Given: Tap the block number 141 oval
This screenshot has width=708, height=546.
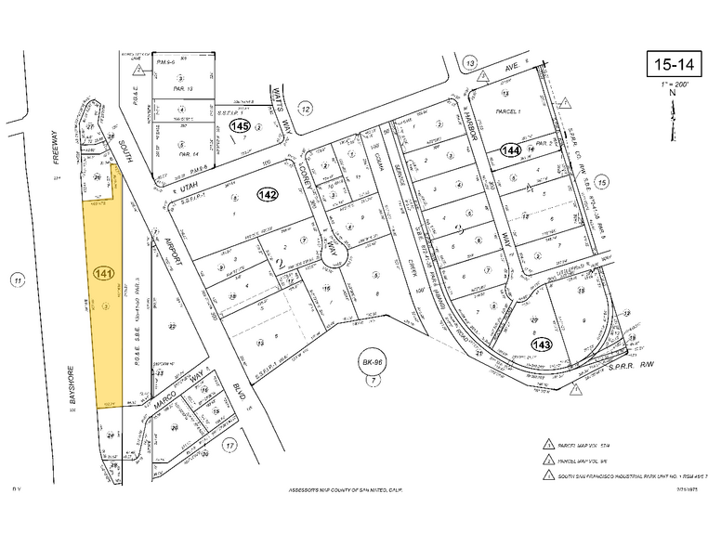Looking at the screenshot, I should (x=104, y=274).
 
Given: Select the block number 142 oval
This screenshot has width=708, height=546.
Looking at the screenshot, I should (x=269, y=194).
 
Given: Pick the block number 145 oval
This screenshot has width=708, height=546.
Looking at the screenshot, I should (x=242, y=125).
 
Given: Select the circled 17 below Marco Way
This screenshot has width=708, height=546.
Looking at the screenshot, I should (x=229, y=445).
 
